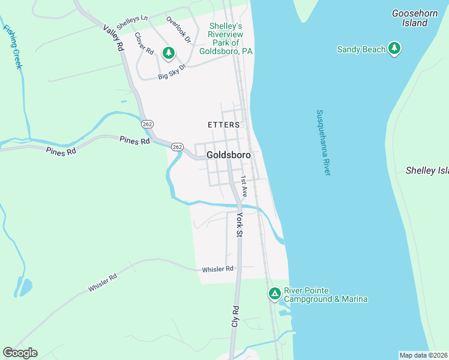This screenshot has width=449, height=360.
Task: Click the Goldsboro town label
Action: point(228,154)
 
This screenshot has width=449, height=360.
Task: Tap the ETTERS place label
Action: point(223,125)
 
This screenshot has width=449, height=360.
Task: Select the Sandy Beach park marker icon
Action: point(394,49)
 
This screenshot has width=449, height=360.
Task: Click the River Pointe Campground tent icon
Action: point(274,294)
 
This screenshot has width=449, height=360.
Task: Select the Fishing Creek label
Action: point(13,47)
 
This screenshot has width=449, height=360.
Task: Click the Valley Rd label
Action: point(113,38)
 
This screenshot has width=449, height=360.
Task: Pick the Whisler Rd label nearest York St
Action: point(217,269)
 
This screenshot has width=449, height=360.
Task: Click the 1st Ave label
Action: point(244,187)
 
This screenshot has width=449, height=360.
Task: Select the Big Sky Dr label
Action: point(173,73)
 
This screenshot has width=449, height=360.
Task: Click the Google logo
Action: point(20,353)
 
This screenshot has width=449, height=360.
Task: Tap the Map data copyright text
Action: point(424,355)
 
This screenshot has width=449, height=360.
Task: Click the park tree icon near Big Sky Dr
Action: point(169,53)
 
